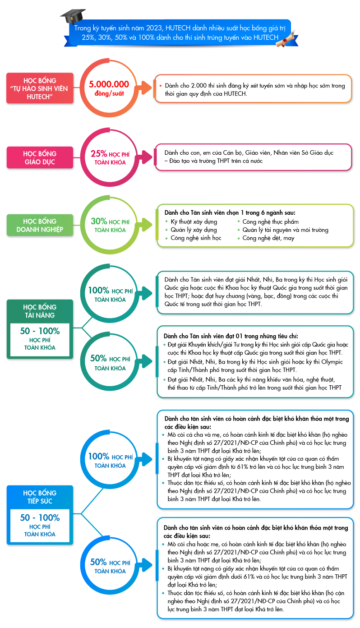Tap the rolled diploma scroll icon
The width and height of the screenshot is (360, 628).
click(286, 39)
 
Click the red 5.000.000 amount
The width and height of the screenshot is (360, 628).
click(109, 84)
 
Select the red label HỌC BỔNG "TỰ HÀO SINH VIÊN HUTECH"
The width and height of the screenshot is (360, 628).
click(40, 88)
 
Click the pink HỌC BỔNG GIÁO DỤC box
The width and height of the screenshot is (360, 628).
click(40, 157)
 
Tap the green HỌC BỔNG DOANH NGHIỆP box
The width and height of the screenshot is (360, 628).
click(40, 225)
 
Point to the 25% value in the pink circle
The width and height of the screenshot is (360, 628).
click(99, 153)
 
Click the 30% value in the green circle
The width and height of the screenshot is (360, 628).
click(99, 221)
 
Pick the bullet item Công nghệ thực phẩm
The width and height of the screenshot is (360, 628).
click(270, 222)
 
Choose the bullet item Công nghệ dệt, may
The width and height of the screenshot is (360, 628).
click(268, 238)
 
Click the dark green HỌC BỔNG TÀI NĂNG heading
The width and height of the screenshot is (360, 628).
click(40, 311)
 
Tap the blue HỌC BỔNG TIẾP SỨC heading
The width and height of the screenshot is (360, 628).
click(40, 497)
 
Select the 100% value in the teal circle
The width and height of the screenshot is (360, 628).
click(99, 290)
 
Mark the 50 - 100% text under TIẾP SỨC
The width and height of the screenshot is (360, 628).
click(40, 517)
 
